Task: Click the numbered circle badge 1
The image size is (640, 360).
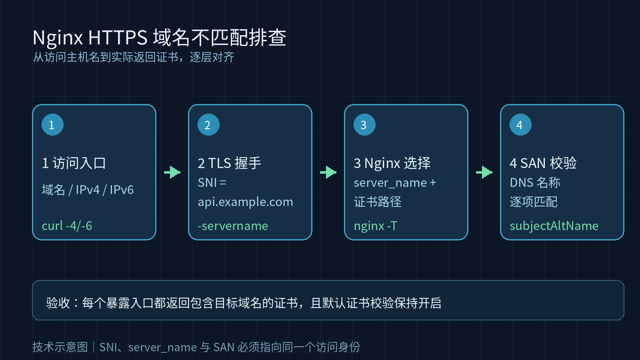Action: [52, 124]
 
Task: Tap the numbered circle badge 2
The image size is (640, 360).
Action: [208, 124]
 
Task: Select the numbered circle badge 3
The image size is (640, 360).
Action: [364, 124]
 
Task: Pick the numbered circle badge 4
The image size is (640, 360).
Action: [520, 124]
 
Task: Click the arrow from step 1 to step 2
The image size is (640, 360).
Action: [172, 172]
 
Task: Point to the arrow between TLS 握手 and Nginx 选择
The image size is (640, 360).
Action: [328, 172]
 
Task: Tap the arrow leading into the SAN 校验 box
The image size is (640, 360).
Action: [484, 172]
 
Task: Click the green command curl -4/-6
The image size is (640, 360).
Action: [67, 226]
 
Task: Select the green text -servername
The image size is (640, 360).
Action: [233, 226]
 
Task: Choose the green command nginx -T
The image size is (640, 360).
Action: [376, 226]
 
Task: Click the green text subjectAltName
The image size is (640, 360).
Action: [554, 226]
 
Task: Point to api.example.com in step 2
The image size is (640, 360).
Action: [246, 202]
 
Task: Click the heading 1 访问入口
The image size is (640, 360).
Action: [74, 163]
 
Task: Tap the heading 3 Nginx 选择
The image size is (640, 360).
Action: [392, 163]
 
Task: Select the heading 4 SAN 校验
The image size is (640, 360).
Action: [543, 163]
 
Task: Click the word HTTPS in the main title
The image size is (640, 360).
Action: [118, 38]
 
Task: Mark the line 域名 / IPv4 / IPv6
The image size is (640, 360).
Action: [88, 190]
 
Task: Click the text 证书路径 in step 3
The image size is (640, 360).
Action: [378, 202]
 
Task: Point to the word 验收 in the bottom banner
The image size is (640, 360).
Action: [58, 303]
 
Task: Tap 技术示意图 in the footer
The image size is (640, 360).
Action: [60, 347]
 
